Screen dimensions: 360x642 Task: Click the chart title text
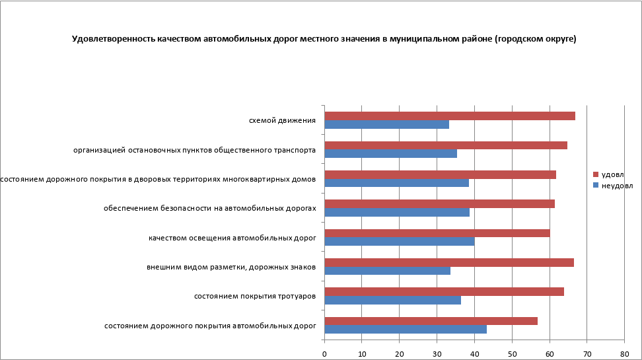324,39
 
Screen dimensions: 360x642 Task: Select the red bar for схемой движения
449,116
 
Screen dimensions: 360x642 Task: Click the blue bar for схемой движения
386,124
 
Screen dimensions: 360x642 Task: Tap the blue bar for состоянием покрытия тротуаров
392,300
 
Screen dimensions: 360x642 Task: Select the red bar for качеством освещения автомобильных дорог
437,233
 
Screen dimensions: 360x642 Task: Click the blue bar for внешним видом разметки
387,270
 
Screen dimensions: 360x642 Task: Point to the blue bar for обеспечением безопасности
397,212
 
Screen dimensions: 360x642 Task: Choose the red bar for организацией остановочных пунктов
446,145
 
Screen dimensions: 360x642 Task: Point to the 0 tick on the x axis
324,353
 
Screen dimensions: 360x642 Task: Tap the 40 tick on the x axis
474,353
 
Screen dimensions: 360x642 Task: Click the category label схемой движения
282,120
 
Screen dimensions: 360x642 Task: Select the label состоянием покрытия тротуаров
254,296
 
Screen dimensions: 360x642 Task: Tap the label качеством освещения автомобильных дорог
232,238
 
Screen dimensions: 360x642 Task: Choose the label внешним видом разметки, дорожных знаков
231,267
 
